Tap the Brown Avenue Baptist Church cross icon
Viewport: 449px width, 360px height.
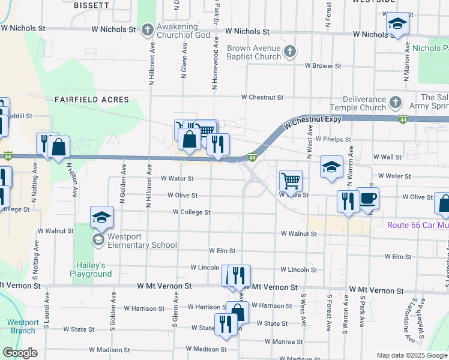point(290,52)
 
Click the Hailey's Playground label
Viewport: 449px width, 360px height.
point(94,269)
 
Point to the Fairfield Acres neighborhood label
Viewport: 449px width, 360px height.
point(92,99)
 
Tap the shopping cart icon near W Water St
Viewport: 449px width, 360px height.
point(291,180)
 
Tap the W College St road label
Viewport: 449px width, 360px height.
point(191,212)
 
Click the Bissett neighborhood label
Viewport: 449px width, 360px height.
point(91,5)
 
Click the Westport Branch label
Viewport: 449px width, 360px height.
point(23,326)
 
